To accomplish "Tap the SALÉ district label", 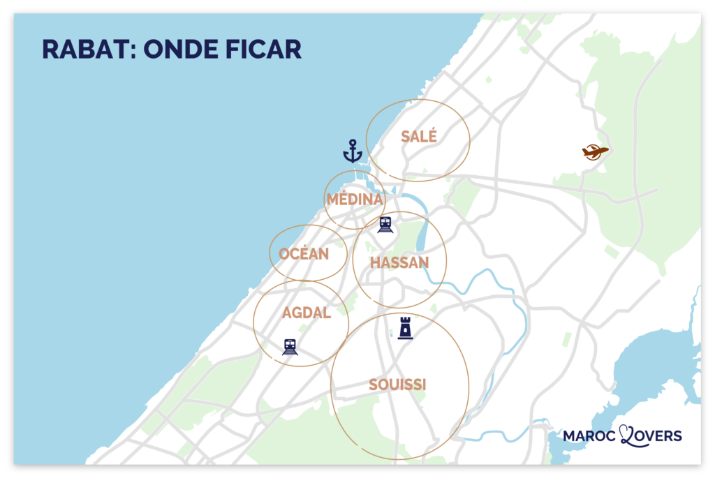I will (419, 137).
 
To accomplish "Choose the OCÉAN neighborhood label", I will (304, 254).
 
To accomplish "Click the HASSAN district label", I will (399, 262).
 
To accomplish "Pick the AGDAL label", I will (307, 313).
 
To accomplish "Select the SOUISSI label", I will (397, 384).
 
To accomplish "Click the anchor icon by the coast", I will (353, 151).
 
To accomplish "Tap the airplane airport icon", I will (595, 151).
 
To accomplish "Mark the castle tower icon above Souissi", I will (405, 327).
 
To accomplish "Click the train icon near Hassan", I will (385, 224).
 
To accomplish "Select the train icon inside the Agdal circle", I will (290, 346).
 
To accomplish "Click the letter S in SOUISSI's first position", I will (373, 384).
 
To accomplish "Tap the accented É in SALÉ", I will (432, 136).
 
